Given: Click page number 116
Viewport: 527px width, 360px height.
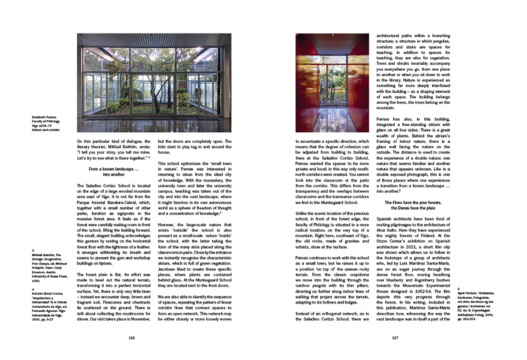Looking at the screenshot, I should pyautogui.click(x=131, y=337).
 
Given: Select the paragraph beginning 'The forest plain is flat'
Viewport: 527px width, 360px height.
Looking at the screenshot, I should pyautogui.click(x=114, y=300).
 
